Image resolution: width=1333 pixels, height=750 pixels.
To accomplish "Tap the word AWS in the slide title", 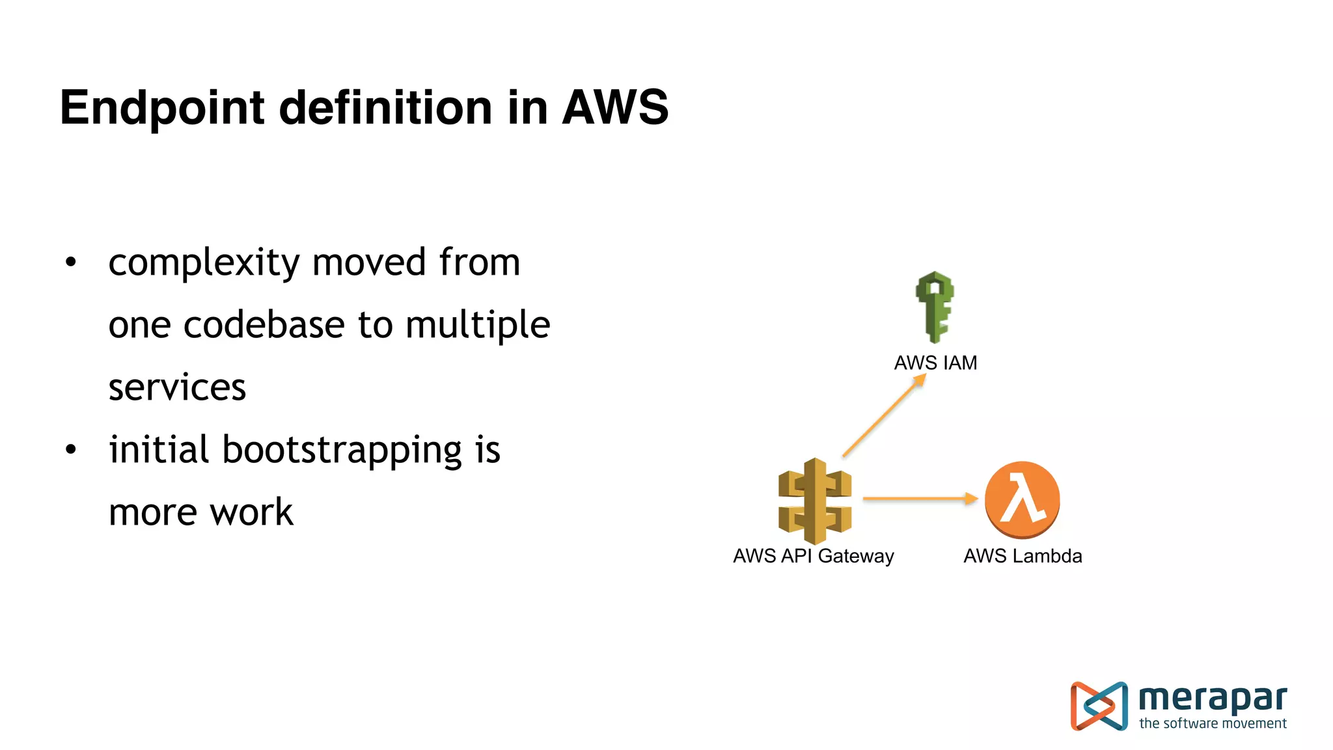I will [x=615, y=107].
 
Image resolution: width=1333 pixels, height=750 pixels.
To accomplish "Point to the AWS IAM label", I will [x=935, y=363].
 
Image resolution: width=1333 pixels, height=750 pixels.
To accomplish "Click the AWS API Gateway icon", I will [x=815, y=501].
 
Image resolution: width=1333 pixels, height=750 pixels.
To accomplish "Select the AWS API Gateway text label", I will [x=813, y=556].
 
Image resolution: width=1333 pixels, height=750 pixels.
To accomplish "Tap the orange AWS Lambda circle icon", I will [x=1022, y=500].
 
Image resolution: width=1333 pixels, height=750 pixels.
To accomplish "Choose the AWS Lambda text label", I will [x=1023, y=556].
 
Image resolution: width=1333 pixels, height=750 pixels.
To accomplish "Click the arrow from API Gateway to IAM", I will [x=884, y=415].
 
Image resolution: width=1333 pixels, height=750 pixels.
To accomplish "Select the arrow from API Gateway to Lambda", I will [x=920, y=499].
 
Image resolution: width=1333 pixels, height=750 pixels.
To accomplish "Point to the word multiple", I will [x=478, y=326].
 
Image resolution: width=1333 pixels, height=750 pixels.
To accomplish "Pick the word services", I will [x=177, y=387].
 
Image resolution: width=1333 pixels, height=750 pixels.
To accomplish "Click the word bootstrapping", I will [x=342, y=451].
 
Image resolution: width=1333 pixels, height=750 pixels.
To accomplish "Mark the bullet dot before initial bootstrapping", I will [x=71, y=450].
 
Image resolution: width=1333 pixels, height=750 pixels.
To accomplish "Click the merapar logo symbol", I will [x=1099, y=706].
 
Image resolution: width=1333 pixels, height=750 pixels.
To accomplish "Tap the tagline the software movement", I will [x=1213, y=723].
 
